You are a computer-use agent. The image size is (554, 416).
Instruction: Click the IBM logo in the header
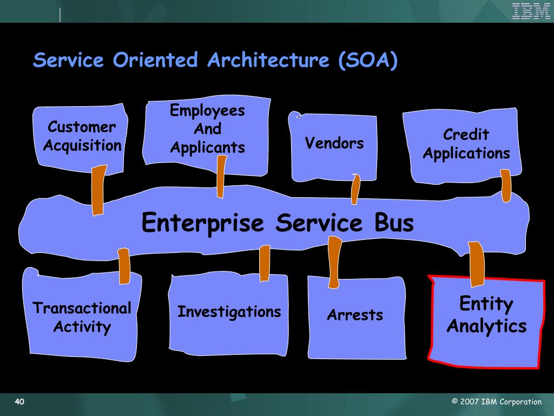[531, 11]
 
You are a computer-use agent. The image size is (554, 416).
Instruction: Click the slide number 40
[19, 401]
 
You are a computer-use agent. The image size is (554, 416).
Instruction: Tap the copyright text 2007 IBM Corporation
[497, 401]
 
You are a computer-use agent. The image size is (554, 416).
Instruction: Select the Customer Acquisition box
[82, 136]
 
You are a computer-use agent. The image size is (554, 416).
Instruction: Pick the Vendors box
[334, 144]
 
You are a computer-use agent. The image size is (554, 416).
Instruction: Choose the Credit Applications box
[466, 144]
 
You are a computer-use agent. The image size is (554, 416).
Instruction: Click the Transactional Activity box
[82, 317]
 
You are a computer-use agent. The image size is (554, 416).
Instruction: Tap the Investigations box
[229, 312]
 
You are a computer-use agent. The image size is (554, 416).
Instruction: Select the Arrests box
[355, 315]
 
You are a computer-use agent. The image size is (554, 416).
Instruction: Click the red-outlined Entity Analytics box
[486, 315]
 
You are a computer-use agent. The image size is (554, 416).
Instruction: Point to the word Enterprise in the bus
[202, 223]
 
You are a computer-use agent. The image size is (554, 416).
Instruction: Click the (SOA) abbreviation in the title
[367, 60]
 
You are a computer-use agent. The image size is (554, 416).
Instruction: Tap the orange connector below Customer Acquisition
[98, 190]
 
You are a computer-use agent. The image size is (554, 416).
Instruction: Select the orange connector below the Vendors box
[355, 189]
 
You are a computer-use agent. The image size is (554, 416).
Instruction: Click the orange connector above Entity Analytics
[477, 264]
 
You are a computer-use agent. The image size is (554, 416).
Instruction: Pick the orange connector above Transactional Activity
[124, 265]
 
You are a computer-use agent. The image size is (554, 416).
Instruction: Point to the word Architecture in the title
[268, 60]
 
